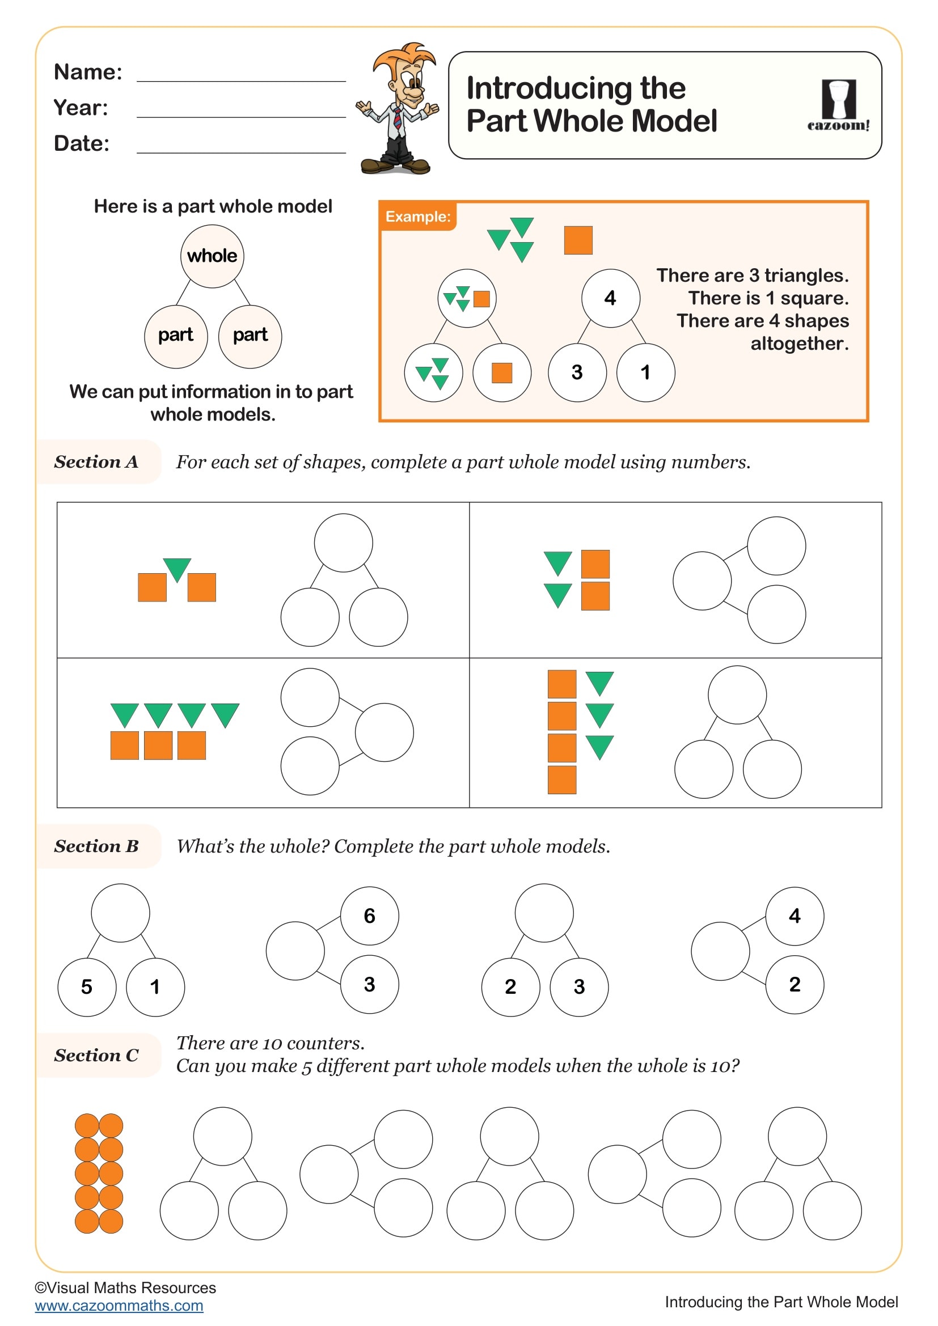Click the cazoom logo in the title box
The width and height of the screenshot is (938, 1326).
(x=838, y=105)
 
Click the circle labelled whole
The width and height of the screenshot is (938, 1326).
(x=212, y=256)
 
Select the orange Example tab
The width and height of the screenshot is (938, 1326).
(x=417, y=217)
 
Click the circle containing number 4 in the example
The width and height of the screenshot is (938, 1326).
(x=610, y=298)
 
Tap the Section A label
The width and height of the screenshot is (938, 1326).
(x=96, y=461)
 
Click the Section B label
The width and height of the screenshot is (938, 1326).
(x=96, y=846)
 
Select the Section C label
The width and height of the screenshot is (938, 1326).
(x=96, y=1055)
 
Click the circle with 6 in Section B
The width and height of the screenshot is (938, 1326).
(x=370, y=916)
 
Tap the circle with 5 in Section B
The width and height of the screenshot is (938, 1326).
(x=87, y=987)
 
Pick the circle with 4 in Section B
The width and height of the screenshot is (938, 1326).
(x=794, y=916)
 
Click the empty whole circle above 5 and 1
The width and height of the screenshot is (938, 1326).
(x=120, y=913)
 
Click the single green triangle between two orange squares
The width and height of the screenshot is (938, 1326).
(x=177, y=569)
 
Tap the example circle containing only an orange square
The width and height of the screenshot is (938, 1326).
(x=501, y=373)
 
